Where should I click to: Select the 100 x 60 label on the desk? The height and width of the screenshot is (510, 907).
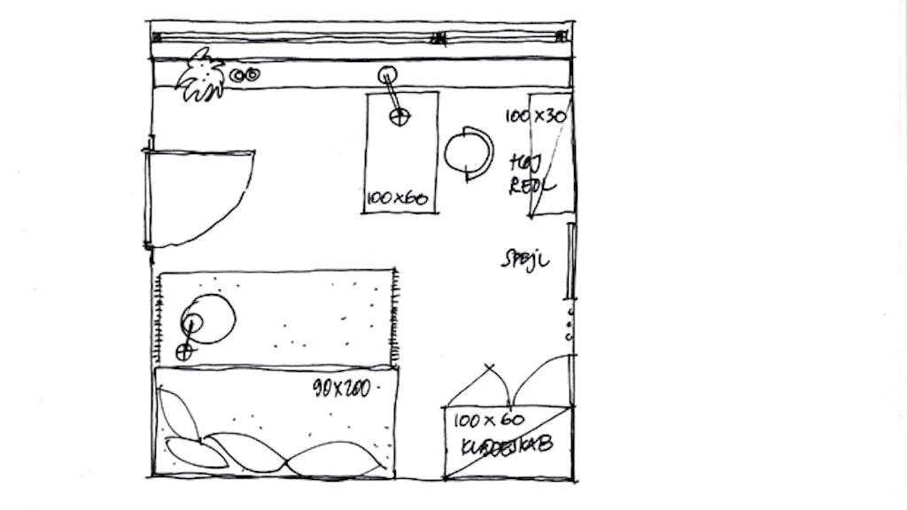coord(398,199)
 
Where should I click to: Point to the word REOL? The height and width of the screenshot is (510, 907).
coord(531,186)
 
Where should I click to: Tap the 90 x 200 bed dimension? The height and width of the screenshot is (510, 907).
coord(341,388)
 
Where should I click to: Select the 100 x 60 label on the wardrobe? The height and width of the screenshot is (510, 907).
coord(489,420)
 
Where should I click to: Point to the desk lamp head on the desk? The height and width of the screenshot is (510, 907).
coord(399,116)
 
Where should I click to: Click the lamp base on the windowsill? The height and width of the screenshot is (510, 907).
coord(387,75)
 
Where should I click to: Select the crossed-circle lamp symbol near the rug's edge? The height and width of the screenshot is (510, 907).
coord(183,352)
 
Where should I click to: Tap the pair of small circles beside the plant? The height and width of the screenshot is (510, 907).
coord(244,76)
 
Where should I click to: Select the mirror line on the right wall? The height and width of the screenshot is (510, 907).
coord(570,261)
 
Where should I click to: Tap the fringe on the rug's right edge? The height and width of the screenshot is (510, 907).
coord(396,319)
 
